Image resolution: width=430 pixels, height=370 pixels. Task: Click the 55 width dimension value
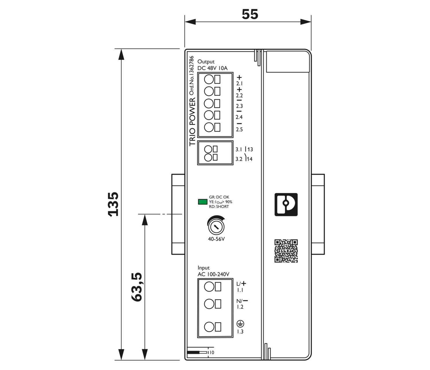(x=250, y=14)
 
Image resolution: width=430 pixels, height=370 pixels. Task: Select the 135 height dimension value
(x=114, y=204)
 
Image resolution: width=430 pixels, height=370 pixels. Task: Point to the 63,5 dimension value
(x=137, y=287)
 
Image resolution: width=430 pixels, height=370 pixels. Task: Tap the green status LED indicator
(x=202, y=202)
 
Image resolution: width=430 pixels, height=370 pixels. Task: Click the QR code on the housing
(x=286, y=251)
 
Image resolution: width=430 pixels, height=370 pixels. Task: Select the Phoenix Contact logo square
(x=286, y=204)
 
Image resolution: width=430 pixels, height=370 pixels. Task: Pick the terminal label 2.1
(x=239, y=84)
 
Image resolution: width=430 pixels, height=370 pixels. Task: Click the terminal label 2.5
(x=239, y=129)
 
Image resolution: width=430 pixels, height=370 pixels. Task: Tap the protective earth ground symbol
(x=240, y=324)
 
